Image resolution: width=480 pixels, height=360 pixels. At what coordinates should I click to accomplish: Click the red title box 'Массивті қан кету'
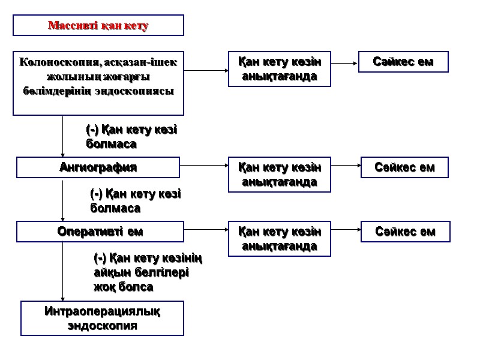click(x=98, y=25)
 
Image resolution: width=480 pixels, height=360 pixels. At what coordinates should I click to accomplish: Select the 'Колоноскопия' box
click(x=98, y=83)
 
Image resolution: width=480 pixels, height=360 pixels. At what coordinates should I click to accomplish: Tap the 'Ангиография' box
click(x=98, y=167)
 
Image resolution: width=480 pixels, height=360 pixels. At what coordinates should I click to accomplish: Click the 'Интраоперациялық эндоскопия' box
click(x=102, y=319)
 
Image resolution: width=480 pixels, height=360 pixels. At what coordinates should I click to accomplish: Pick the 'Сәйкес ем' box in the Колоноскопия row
click(x=403, y=62)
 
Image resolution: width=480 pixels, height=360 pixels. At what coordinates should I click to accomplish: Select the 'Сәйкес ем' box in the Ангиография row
click(x=405, y=167)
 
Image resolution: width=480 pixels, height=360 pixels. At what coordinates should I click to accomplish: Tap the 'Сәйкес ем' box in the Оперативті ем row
click(x=405, y=232)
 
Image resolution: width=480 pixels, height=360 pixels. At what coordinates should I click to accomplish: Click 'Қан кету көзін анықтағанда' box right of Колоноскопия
click(x=279, y=69)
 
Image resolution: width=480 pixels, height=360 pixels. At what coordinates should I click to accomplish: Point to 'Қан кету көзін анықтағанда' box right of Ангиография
click(x=279, y=175)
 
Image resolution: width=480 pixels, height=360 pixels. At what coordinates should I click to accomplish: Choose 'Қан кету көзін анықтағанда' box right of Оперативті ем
click(x=279, y=238)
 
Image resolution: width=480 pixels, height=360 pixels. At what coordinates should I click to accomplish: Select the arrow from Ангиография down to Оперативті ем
click(x=63, y=200)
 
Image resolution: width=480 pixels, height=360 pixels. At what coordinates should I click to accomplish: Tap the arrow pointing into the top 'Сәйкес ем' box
click(x=344, y=62)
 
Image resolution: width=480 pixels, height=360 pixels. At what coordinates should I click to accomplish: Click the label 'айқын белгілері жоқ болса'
click(x=142, y=280)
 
